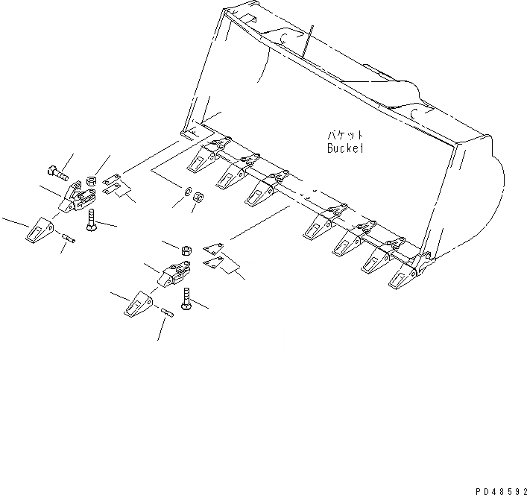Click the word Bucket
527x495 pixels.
(x=345, y=148)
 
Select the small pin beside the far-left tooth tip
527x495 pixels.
(x=68, y=238)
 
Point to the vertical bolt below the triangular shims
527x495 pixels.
(x=186, y=301)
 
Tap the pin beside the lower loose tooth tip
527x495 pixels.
(x=167, y=313)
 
